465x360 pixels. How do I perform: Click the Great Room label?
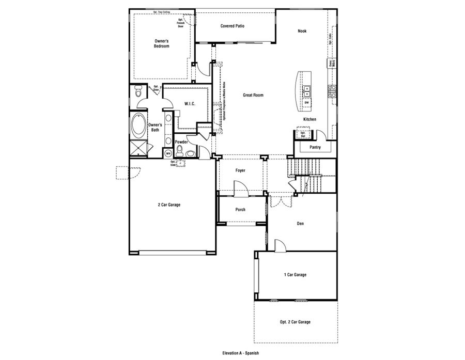pyautogui.click(x=253, y=95)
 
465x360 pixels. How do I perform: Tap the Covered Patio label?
pyautogui.click(x=232, y=26)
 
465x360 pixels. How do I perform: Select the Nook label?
pyautogui.click(x=302, y=31)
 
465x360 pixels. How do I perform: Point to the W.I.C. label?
pyautogui.click(x=189, y=104)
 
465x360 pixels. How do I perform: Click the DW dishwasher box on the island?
pyautogui.click(x=306, y=103)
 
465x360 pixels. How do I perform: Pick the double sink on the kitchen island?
pyautogui.click(x=306, y=91)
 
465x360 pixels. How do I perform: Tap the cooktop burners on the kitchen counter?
pyautogui.click(x=332, y=91)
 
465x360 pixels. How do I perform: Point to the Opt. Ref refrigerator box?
pyautogui.click(x=303, y=134)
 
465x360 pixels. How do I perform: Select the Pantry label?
pyautogui.click(x=315, y=147)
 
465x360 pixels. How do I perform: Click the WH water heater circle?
pyautogui.click(x=168, y=153)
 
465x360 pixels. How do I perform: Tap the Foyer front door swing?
pyautogui.click(x=241, y=189)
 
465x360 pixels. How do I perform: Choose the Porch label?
pyautogui.click(x=240, y=210)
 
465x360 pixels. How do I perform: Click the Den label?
pyautogui.click(x=300, y=224)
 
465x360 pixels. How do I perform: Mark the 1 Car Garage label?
pyautogui.click(x=295, y=275)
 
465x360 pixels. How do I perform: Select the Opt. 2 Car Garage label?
pyautogui.click(x=295, y=322)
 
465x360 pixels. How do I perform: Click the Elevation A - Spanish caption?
pyautogui.click(x=240, y=353)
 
